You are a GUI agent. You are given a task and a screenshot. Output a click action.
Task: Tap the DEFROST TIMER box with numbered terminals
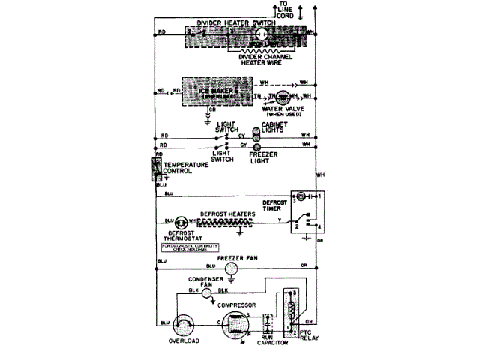307,211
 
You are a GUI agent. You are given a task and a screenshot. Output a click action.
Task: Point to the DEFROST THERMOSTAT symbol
181,223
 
